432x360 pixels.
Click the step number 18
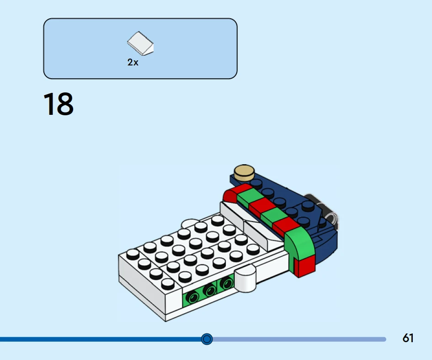[x=59, y=104]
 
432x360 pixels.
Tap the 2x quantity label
[x=133, y=62]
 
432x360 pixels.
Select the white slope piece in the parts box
[x=140, y=43]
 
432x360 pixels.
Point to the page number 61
[x=408, y=338]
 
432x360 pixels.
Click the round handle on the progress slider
[x=207, y=339]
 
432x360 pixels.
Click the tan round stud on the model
[x=244, y=172]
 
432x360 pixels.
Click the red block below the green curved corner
[x=304, y=266]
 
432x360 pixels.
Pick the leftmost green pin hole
[x=192, y=297]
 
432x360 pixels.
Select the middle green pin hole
[x=209, y=290]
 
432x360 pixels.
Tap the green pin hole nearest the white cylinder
[x=226, y=283]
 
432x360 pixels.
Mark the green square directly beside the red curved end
[x=247, y=196]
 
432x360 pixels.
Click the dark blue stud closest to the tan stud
[x=256, y=183]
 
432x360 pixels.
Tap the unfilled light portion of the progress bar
[x=299, y=339]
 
